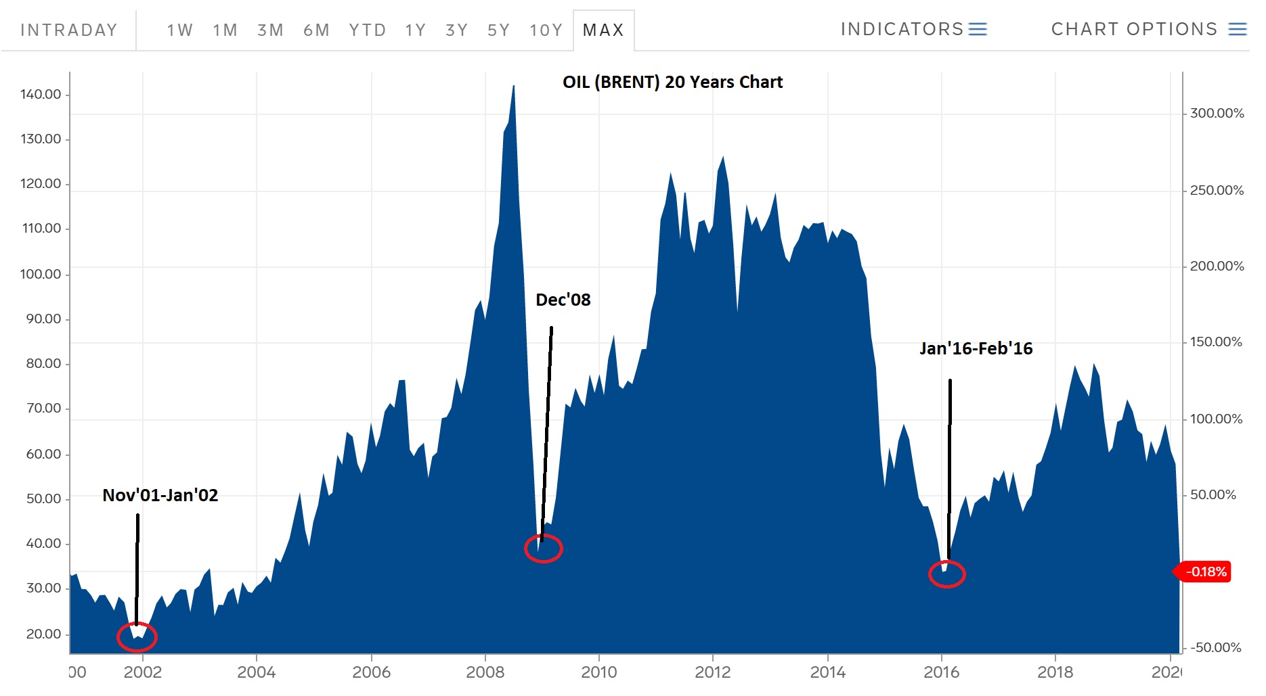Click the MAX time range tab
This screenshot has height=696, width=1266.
tap(603, 30)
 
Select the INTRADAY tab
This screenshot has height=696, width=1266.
tap(69, 30)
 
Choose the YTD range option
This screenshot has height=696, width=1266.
tap(368, 30)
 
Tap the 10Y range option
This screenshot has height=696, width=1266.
tap(546, 30)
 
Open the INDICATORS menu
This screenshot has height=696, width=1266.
tap(913, 29)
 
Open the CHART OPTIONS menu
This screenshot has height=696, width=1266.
tap(1148, 29)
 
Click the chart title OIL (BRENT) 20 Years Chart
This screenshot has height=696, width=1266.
tap(672, 83)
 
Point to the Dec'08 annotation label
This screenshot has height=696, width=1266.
tap(563, 300)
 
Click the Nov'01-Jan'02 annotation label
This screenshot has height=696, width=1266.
tap(160, 495)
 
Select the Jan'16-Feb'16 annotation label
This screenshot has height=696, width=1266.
tap(976, 348)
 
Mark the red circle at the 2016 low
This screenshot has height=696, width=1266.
tap(946, 574)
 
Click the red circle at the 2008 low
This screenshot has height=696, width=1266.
tap(543, 548)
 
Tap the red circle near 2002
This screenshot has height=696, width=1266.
tap(137, 636)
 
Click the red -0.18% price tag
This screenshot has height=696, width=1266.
tap(1206, 572)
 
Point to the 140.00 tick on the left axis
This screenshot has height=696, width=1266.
tap(41, 94)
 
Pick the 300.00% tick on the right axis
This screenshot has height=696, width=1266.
tap(1217, 113)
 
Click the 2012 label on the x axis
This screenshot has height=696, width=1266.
tap(713, 672)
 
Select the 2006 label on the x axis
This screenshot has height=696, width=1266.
tap(371, 672)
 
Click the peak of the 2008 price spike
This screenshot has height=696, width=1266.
tap(514, 87)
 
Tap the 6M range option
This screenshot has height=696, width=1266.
tap(316, 30)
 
